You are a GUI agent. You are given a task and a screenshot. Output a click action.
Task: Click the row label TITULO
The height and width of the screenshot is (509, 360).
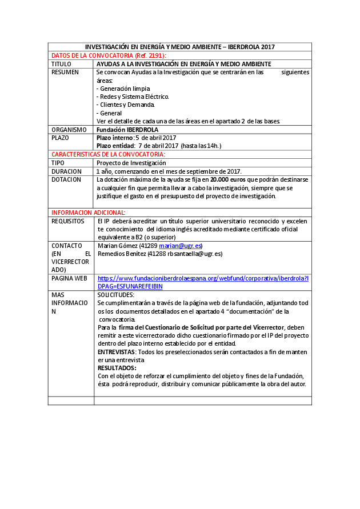(61, 64)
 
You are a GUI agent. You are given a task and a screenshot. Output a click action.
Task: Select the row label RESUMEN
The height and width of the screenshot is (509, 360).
(65, 73)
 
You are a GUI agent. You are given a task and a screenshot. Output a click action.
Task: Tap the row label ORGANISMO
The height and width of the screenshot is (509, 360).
(69, 130)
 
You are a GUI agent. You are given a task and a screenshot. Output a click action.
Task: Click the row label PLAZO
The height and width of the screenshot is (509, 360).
(60, 138)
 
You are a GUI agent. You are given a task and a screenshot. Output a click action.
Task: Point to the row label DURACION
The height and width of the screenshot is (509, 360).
(66, 171)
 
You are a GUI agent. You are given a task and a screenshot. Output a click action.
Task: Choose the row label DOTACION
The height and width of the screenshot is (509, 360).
(66, 179)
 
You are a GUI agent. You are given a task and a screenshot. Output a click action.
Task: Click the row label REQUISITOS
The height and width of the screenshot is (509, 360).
(68, 221)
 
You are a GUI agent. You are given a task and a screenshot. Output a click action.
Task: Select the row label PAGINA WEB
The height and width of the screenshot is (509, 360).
(69, 278)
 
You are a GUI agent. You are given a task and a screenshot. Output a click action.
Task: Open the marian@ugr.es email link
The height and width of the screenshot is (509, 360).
(181, 246)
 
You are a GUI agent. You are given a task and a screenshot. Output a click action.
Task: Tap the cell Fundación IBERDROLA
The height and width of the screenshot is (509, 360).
(123, 130)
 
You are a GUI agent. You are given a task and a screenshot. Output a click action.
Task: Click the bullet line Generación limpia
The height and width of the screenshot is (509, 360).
(123, 89)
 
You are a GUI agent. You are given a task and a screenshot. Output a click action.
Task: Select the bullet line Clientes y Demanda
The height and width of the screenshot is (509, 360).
(126, 105)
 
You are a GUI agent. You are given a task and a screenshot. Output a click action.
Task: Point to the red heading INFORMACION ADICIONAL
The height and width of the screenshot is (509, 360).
(89, 212)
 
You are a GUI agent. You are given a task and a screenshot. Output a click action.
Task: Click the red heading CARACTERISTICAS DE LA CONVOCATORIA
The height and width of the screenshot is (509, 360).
(108, 154)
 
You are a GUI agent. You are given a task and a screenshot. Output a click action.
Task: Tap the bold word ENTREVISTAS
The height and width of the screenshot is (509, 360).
(117, 352)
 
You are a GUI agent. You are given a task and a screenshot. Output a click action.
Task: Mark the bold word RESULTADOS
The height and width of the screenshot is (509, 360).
(117, 368)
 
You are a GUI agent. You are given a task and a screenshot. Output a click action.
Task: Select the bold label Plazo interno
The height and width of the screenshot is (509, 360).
(114, 138)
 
